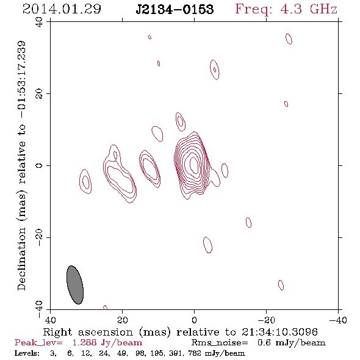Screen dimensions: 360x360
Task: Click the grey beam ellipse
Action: click(75, 285)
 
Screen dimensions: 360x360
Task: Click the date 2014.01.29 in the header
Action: click(62, 9)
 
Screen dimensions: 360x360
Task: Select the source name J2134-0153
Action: click(175, 9)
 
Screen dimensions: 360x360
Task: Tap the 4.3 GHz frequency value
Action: click(309, 9)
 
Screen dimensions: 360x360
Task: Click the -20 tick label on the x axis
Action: click(266, 320)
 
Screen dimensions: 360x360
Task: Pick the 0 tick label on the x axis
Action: click(194, 320)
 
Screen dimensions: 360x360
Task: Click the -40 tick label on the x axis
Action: click(338, 320)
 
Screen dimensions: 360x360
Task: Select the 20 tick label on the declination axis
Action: click(39, 94)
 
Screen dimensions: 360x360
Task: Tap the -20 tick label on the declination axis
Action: click(39, 237)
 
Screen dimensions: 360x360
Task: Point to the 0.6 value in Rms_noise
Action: click(264, 343)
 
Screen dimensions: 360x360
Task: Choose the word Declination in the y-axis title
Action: click(21, 259)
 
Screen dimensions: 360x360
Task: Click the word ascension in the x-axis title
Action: click(106, 332)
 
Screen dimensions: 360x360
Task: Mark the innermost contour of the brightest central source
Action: click(194, 164)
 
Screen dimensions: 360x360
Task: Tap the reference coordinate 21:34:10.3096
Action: click(279, 332)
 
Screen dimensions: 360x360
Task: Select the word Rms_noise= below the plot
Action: click(220, 343)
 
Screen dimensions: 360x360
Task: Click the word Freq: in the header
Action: click(254, 10)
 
